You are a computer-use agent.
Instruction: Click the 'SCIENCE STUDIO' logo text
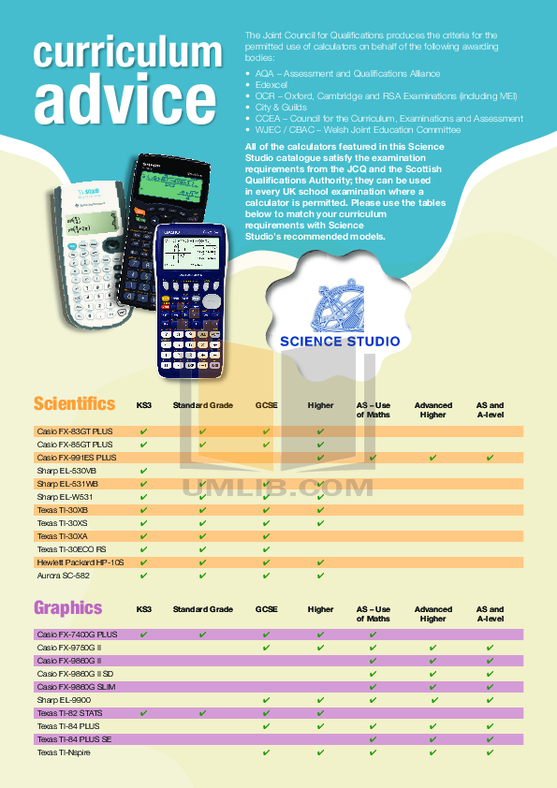coord(340,342)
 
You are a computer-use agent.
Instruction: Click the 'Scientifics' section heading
coord(75,404)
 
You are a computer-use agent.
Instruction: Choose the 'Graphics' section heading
coord(68,608)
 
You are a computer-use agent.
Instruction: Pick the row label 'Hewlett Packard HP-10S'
coord(81,562)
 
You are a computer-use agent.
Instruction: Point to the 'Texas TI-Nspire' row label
coord(65,752)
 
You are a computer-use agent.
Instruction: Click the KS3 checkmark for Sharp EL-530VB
coord(144,471)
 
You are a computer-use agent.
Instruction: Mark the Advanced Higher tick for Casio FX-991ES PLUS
coord(432,458)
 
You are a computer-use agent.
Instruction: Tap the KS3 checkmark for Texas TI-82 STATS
coord(144,713)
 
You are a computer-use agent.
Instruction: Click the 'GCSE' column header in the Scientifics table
coord(267,406)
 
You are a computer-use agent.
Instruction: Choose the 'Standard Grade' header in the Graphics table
coord(203,609)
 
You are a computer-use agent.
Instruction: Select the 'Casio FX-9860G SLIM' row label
coord(76,687)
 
